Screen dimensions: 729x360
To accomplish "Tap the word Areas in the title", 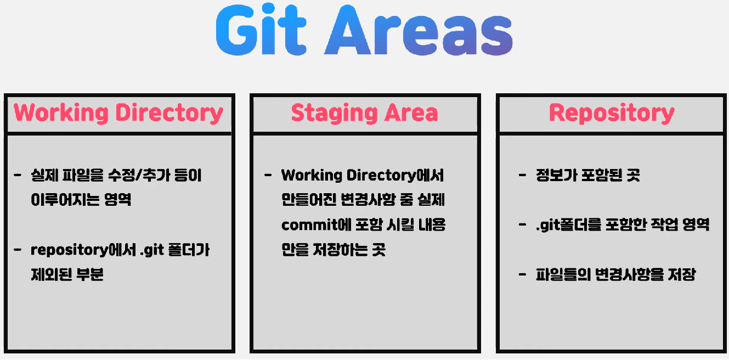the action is point(419,30).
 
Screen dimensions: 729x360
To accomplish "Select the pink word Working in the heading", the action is point(61,114).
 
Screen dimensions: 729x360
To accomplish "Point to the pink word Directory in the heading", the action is point(169,114).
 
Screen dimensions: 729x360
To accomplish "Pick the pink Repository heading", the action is point(612,114).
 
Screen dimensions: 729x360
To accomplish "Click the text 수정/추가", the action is point(139,175).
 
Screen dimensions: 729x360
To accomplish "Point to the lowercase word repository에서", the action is point(83,250).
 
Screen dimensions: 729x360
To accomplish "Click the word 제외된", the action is point(52,274).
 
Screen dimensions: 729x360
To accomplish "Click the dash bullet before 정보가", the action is point(522,176).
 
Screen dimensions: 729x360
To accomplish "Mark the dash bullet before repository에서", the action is point(18,250).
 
